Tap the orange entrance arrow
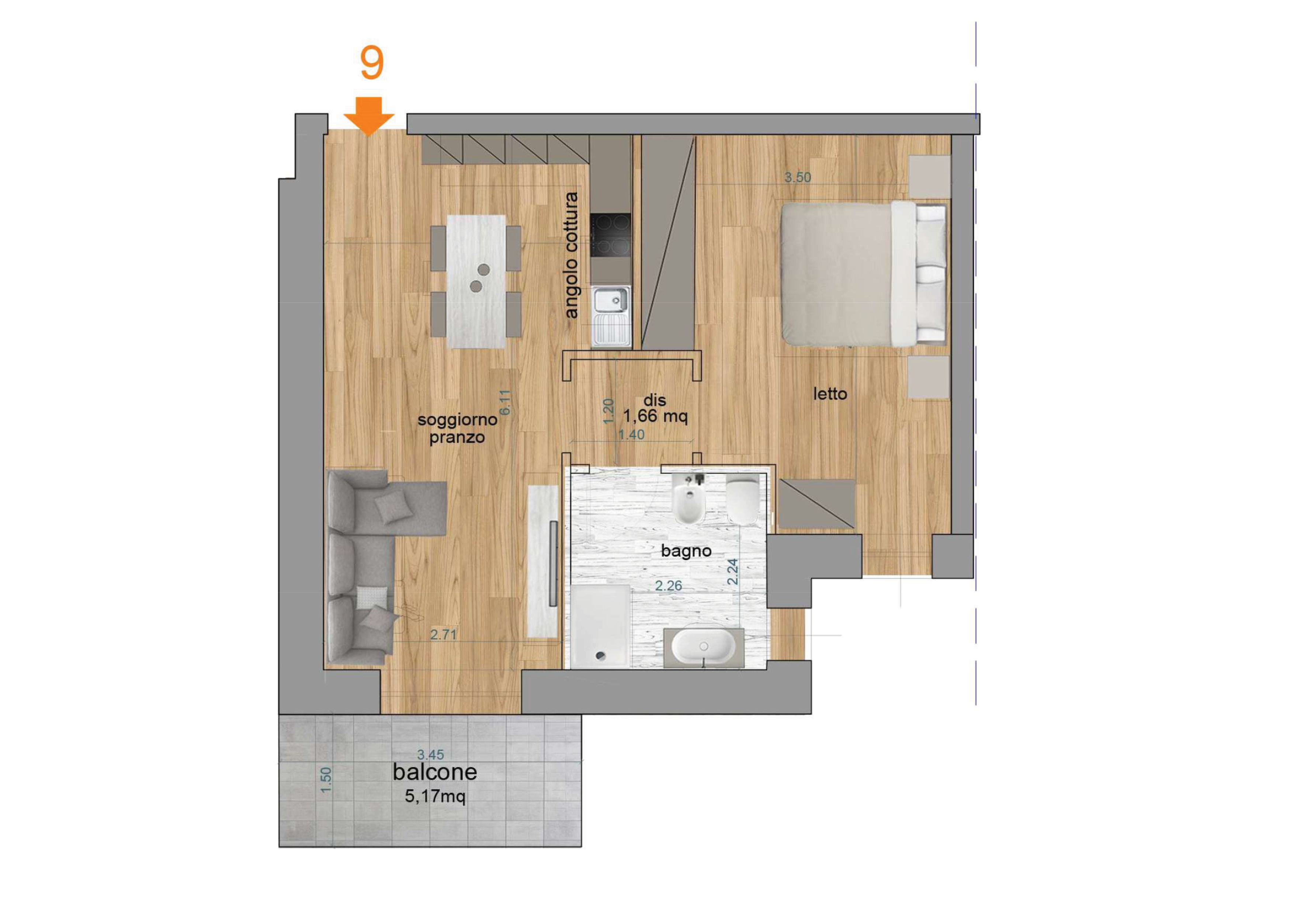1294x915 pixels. pyautogui.click(x=369, y=116)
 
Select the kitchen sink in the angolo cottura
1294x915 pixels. pyautogui.click(x=611, y=316)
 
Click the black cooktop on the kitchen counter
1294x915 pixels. pyautogui.click(x=610, y=235)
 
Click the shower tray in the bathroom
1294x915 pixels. pyautogui.click(x=600, y=626)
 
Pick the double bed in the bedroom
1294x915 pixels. pyautogui.click(x=863, y=274)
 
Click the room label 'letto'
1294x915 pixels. pyautogui.click(x=830, y=394)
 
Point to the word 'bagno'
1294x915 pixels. pyautogui.click(x=686, y=551)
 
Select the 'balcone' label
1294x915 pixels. pyautogui.click(x=434, y=772)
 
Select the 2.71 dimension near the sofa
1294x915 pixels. pyautogui.click(x=444, y=634)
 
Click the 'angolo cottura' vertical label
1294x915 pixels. pyautogui.click(x=571, y=255)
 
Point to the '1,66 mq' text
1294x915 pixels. pyautogui.click(x=655, y=417)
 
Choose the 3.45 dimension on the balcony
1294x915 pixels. pyautogui.click(x=431, y=754)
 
